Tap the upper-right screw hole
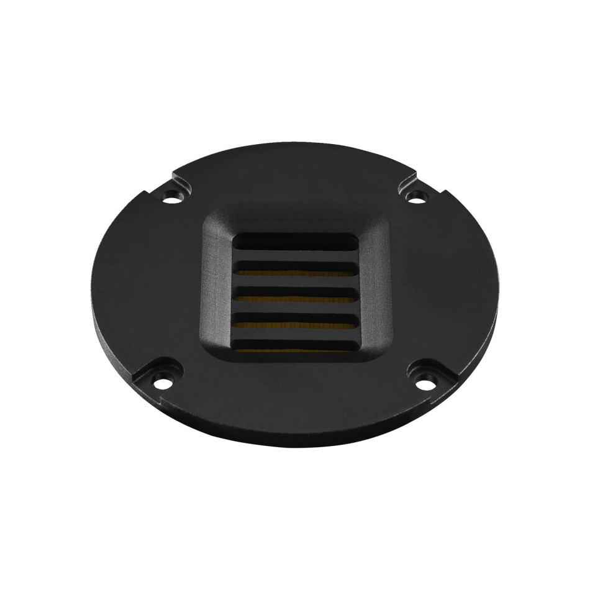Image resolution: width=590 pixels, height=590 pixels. pyautogui.click(x=417, y=198)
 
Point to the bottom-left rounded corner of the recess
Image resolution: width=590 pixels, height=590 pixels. pyautogui.click(x=217, y=355)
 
